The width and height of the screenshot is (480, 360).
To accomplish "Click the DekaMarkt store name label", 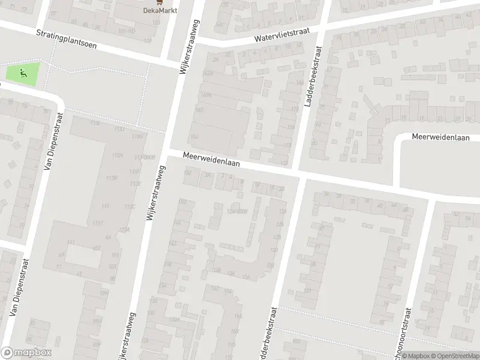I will [159, 10].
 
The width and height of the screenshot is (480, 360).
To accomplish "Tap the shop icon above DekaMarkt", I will [159, 2].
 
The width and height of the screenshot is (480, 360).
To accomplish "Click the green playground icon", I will [23, 74].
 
